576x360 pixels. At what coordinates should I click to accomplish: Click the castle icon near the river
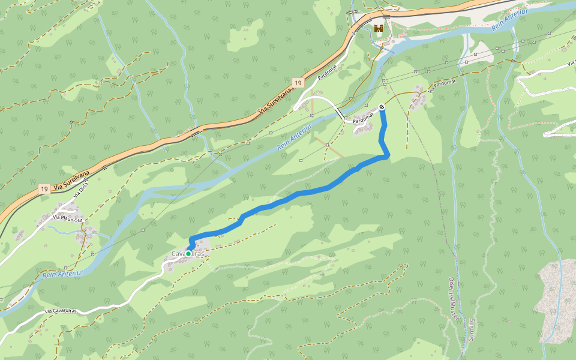click(379, 28)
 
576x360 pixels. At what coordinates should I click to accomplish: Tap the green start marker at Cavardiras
click(188, 254)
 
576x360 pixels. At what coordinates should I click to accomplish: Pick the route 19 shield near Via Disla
click(43, 189)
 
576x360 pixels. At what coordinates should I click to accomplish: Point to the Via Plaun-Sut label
click(67, 219)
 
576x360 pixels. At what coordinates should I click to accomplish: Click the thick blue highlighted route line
click(300, 193)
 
